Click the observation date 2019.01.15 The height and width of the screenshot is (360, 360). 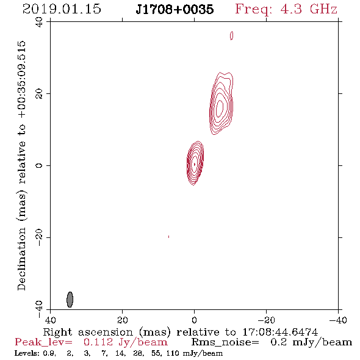click(62, 9)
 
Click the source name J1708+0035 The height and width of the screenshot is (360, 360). click(175, 10)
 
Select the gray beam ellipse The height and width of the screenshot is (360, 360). click(70, 300)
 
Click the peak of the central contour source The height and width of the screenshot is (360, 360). click(195, 164)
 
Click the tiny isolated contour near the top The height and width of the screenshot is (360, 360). click(231, 35)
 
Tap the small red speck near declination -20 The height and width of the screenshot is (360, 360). click(169, 237)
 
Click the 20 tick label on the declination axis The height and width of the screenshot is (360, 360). click(39, 94)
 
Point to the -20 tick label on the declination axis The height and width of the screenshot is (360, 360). click(39, 237)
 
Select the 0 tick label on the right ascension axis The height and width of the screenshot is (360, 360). click(195, 320)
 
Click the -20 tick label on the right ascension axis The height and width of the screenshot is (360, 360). click(266, 320)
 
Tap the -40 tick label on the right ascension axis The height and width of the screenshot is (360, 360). click(338, 320)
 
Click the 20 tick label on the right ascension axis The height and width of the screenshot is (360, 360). click(123, 320)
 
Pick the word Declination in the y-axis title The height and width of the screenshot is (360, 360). click(22, 259)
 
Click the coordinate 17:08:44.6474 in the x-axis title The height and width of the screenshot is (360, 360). click(280, 332)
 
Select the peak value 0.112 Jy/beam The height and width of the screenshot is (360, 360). click(125, 342)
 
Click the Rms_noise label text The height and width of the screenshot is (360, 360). click(225, 342)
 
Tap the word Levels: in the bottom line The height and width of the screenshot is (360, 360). click(27, 353)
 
